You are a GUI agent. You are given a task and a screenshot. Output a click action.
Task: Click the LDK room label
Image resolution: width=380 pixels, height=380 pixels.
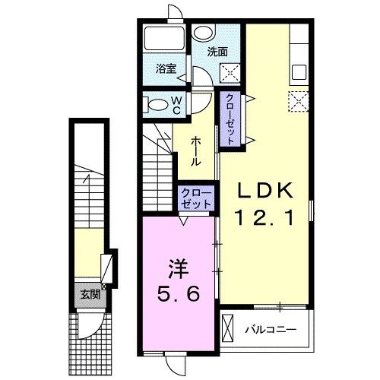pyautogui.click(x=265, y=191)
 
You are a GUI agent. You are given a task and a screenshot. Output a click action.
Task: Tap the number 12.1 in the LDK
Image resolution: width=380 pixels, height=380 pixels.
pyautogui.click(x=265, y=218)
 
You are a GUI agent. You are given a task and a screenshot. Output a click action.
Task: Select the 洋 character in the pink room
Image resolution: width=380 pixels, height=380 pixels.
pyautogui.click(x=178, y=269)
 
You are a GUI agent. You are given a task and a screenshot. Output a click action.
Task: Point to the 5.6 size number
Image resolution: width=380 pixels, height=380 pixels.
pyautogui.click(x=178, y=293)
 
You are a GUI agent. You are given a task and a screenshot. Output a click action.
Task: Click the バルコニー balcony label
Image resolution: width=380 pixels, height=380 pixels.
pyautogui.click(x=271, y=330)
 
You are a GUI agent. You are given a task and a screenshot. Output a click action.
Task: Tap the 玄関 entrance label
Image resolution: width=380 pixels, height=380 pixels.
pyautogui.click(x=90, y=294)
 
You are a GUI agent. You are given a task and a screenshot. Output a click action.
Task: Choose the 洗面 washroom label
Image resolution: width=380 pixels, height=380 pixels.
pyautogui.click(x=217, y=52)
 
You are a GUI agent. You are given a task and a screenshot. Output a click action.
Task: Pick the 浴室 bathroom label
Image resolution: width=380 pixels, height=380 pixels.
pyautogui.click(x=166, y=68)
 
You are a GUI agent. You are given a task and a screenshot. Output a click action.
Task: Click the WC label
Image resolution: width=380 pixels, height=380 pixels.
pyautogui.click(x=177, y=106)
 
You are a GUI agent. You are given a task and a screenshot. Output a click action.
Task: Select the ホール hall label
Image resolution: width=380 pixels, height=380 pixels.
pyautogui.click(x=195, y=151)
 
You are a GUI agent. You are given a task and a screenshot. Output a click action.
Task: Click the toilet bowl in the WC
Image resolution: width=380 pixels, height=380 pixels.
pyautogui.click(x=156, y=105)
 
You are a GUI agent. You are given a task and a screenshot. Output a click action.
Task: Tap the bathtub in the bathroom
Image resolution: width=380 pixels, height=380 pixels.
pyautogui.click(x=164, y=39)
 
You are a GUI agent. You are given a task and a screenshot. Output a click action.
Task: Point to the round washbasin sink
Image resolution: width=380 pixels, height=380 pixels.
pyautogui.click(x=204, y=33)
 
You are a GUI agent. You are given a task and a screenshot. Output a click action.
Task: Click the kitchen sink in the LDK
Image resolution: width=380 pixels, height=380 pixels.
pyautogui.click(x=299, y=72)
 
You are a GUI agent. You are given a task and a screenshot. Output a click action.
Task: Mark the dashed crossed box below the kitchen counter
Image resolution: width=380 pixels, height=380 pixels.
pyautogui.click(x=299, y=101)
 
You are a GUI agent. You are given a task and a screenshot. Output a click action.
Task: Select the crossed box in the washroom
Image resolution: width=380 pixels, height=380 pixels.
pyautogui.click(x=230, y=73)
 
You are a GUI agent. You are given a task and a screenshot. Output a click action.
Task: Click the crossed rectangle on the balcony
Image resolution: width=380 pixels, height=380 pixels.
pyautogui.click(x=227, y=328)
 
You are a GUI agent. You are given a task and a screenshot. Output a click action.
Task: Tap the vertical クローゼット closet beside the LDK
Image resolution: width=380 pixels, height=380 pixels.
pyautogui.click(x=230, y=119)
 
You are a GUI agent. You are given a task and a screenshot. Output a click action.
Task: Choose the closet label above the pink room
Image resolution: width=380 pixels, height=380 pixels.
pyautogui.click(x=196, y=198)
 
